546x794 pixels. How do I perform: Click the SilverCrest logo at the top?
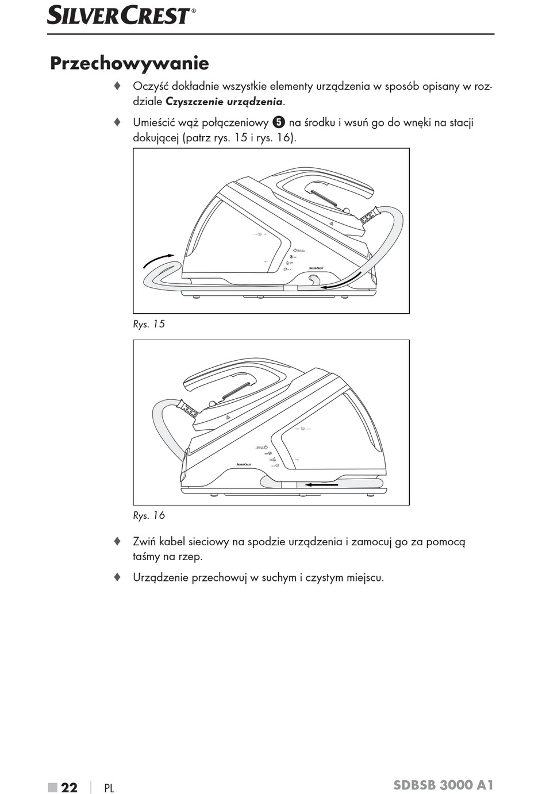click(121, 16)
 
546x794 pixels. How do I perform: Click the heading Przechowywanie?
click(129, 63)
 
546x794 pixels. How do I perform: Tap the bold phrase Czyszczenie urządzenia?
click(224, 102)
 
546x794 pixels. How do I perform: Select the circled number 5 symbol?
click(279, 122)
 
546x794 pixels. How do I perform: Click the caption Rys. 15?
click(149, 324)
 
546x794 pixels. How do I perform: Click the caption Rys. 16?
click(149, 515)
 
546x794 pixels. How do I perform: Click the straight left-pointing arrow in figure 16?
click(321, 484)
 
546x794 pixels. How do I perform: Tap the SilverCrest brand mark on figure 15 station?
click(316, 268)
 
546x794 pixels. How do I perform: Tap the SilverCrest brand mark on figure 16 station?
click(244, 464)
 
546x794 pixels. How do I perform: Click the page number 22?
click(69, 787)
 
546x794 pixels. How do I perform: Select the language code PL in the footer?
click(109, 788)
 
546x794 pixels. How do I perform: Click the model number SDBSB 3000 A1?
click(443, 785)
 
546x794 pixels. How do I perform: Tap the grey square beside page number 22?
click(53, 787)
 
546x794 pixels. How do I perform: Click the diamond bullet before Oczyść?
click(117, 86)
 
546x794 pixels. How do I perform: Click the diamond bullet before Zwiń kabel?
click(117, 541)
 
